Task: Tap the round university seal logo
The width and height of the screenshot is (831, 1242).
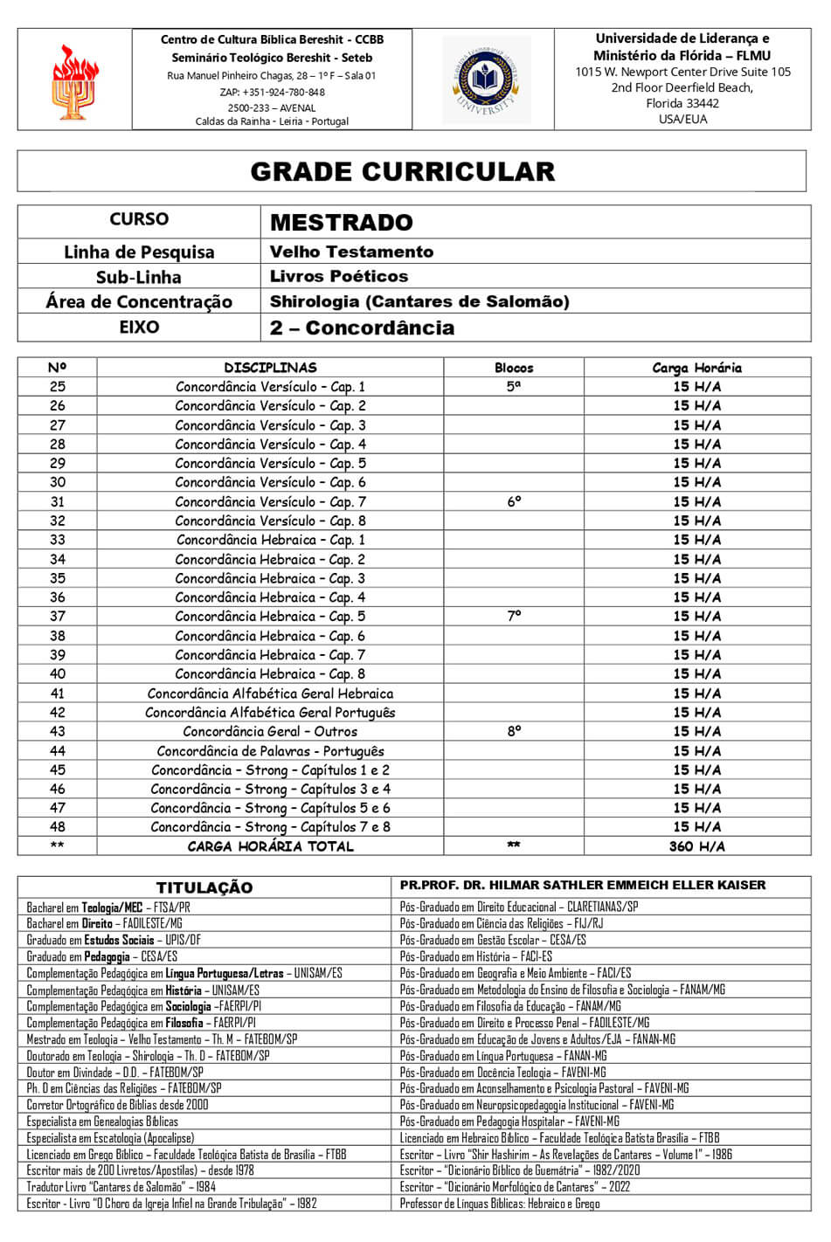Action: (x=486, y=79)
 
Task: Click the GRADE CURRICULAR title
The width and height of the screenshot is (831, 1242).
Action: (x=403, y=171)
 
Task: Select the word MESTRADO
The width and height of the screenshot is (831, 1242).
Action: (x=341, y=223)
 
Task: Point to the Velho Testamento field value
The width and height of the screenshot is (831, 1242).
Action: (x=351, y=252)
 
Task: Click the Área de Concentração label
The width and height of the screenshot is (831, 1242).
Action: (x=139, y=302)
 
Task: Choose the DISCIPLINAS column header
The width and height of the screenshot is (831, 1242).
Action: (x=270, y=368)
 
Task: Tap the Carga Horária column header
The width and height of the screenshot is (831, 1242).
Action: (x=696, y=368)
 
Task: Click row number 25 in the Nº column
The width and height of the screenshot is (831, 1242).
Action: (x=58, y=386)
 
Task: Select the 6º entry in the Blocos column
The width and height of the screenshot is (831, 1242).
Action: (x=514, y=501)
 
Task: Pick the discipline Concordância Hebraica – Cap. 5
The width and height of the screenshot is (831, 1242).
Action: (x=270, y=617)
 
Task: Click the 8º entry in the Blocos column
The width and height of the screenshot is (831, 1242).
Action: (x=514, y=731)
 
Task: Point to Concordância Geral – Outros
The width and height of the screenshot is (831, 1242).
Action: (x=270, y=732)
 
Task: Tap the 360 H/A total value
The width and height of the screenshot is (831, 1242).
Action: (x=698, y=846)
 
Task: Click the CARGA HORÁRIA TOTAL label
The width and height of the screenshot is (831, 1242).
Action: (x=270, y=846)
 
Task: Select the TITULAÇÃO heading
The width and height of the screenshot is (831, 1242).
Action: (x=204, y=887)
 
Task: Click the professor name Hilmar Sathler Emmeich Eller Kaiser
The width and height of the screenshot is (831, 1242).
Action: (x=583, y=885)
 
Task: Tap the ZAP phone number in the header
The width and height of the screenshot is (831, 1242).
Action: (x=272, y=92)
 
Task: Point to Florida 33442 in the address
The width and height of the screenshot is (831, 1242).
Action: (x=682, y=103)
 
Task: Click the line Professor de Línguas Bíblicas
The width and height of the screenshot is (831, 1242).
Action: (x=500, y=1204)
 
